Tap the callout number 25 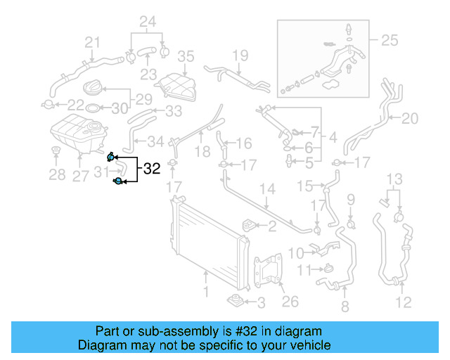coord(389,41)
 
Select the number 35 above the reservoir coord(185,56)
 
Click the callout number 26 coord(290,302)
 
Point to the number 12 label coord(403,303)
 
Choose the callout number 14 coord(267,189)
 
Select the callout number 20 coord(409,118)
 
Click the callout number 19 coord(240,55)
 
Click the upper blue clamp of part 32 coord(111,156)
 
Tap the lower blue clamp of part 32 coord(118,182)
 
